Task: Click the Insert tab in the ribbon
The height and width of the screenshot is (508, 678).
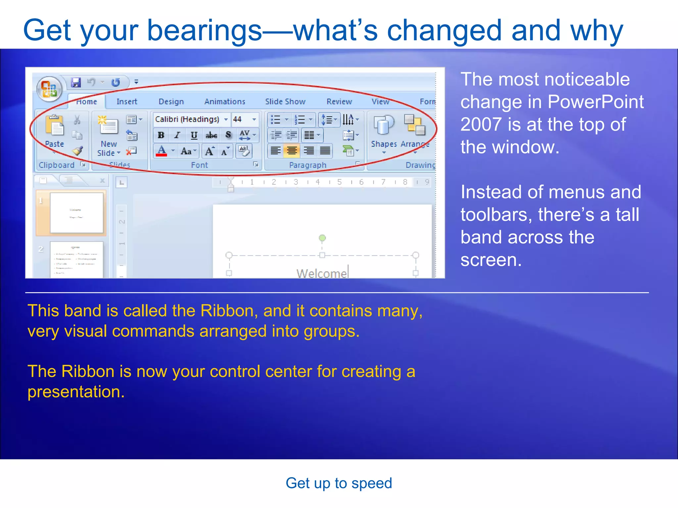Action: click(126, 102)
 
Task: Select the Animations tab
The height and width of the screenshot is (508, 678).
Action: click(225, 102)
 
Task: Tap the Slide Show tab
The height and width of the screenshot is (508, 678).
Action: click(285, 102)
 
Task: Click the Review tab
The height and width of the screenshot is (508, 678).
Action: click(339, 102)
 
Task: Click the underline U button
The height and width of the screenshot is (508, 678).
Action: click(194, 135)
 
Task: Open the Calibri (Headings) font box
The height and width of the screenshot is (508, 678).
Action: click(187, 119)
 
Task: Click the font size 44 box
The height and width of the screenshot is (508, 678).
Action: click(241, 119)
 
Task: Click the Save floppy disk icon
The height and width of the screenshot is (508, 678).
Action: click(76, 82)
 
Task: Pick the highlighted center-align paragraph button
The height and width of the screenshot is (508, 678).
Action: click(292, 151)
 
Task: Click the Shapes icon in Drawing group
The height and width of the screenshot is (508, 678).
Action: click(384, 126)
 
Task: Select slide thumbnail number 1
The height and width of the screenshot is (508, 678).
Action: click(76, 213)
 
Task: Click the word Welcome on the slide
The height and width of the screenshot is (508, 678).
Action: click(321, 273)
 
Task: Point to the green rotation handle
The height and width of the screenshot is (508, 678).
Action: click(322, 238)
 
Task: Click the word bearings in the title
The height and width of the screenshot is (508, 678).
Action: click(204, 30)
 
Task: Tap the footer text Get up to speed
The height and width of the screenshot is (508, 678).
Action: click(339, 483)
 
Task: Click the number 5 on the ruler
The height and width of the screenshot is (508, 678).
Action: click(339, 182)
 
